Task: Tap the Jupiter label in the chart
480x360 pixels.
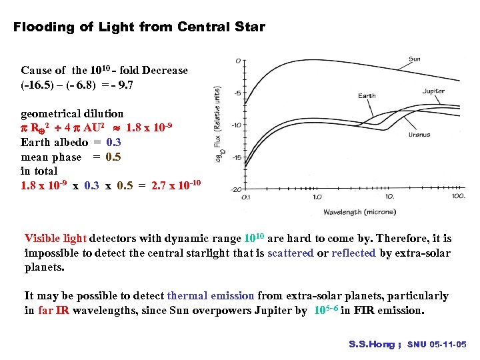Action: pyautogui.click(x=434, y=91)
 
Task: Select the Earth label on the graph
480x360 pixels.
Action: pyautogui.click(x=367, y=96)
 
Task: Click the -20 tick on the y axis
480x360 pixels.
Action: pyautogui.click(x=235, y=189)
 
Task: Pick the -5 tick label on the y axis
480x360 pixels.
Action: pyautogui.click(x=237, y=93)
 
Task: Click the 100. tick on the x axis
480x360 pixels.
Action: pyautogui.click(x=458, y=197)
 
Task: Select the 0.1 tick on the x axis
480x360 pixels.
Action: pyautogui.click(x=245, y=197)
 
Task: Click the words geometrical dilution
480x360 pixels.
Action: pyautogui.click(x=72, y=114)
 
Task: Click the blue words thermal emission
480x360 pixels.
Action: pyautogui.click(x=211, y=296)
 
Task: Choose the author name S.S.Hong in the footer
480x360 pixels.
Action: pyautogui.click(x=371, y=345)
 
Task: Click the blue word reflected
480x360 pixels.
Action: pyautogui.click(x=354, y=253)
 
